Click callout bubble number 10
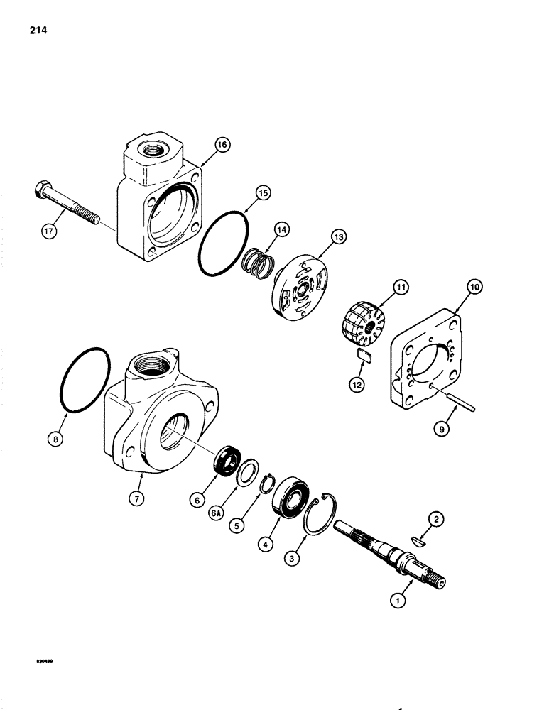pos(472,287)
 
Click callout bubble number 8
pos(58,439)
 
